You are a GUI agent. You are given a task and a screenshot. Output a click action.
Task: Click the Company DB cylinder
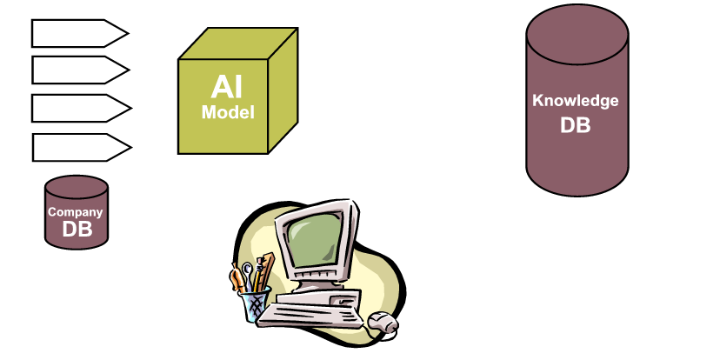coord(77,211)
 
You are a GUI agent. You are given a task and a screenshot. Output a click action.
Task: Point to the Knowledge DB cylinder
coord(576,109)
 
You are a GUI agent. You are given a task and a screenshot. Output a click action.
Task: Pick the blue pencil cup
coord(255,305)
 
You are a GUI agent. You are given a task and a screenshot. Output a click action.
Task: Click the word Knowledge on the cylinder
coord(576,100)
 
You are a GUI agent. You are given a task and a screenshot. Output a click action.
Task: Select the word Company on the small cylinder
coord(76,211)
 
